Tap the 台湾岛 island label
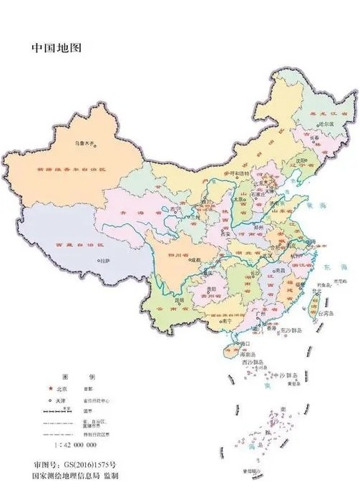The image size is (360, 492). (327, 312)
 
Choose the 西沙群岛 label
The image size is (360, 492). (255, 363)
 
